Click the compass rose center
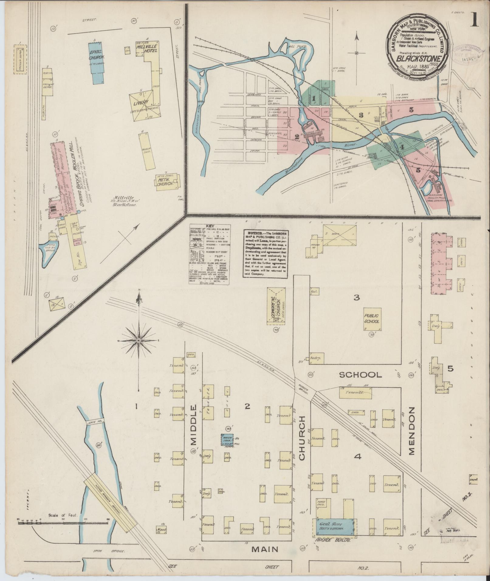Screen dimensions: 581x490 click(139, 340)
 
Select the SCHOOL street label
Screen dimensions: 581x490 click(360, 375)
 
